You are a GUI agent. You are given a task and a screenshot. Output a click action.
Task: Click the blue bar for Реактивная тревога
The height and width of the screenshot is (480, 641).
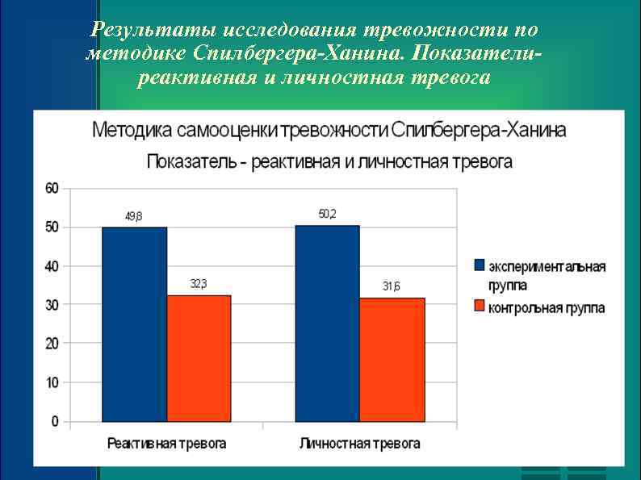(134, 323)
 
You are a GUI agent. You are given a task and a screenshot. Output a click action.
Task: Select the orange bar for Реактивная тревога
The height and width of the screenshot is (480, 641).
(199, 358)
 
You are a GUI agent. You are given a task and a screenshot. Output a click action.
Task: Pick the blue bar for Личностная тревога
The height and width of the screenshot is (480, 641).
(327, 323)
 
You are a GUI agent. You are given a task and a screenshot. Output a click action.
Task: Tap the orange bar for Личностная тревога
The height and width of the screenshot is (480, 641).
(392, 359)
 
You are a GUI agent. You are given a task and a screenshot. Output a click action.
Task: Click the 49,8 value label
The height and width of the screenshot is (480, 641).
(133, 216)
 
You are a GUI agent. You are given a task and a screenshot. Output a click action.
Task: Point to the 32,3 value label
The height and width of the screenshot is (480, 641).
(199, 284)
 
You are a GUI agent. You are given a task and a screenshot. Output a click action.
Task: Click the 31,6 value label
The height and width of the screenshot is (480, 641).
(392, 286)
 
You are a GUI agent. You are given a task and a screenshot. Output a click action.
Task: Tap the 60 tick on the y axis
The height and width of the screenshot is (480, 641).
(52, 189)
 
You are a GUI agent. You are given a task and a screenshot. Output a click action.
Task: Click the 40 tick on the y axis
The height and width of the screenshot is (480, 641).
(52, 266)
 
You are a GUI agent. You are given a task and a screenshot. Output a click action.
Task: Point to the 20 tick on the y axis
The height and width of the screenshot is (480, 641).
(52, 344)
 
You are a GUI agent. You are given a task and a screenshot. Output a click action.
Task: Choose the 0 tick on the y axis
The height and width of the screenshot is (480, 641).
(55, 421)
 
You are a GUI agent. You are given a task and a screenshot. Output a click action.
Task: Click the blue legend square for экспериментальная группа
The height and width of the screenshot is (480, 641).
(479, 265)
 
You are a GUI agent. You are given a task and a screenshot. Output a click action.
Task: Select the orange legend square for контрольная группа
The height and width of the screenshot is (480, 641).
(479, 307)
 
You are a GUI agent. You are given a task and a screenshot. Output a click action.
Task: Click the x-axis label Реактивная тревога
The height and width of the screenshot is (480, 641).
(166, 444)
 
